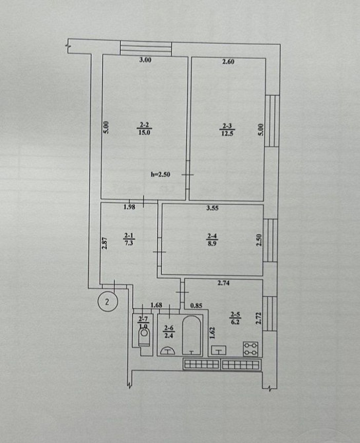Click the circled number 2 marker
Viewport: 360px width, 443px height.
pos(107,302)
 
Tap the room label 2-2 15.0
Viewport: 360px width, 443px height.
pos(144,129)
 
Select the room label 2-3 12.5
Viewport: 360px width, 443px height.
pos(228,130)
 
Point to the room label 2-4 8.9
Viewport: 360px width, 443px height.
pos(212,239)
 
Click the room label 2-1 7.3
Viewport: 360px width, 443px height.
pos(129,239)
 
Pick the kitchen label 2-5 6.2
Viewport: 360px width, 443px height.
pos(235,318)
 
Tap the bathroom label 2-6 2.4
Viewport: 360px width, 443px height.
pos(168,332)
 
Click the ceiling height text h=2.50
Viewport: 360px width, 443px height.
pos(161,175)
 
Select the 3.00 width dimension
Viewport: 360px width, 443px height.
pos(145,60)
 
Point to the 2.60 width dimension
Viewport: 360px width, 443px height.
pos(228,61)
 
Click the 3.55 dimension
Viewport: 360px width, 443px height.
pos(213,208)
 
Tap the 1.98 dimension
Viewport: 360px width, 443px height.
pos(129,207)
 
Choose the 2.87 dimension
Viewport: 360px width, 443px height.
pos(105,243)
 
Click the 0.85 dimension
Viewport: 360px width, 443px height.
pos(196,305)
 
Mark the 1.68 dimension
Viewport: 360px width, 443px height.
pos(157,305)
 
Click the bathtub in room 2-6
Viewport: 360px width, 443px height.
pos(192,335)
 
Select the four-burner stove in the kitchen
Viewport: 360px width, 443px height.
pos(251,349)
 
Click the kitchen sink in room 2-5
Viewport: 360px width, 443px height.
pos(219,350)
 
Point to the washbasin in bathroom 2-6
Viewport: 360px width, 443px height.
pos(167,350)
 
